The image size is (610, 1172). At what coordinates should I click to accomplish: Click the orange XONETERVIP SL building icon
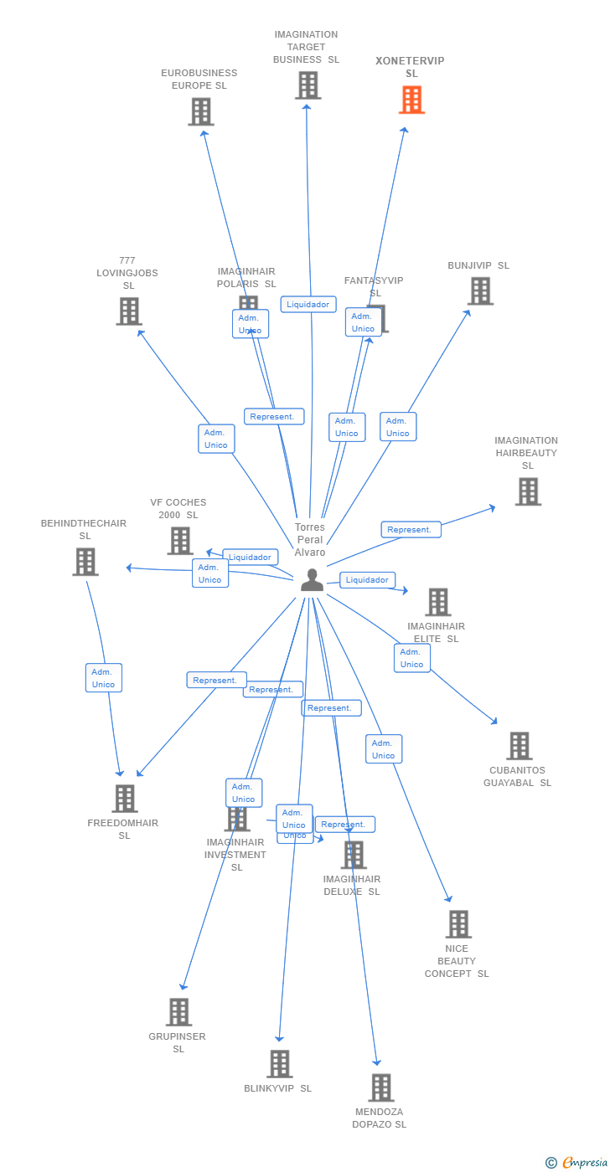pos(411,100)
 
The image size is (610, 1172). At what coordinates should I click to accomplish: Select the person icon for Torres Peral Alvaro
pos(312,579)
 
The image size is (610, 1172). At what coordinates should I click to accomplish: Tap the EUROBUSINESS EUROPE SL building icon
pos(201,112)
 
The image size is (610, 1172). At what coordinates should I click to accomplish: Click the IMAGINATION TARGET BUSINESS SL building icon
pos(308,85)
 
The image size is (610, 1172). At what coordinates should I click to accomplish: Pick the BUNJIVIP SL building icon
pos(480,291)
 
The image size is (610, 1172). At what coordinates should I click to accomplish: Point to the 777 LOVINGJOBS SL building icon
pos(129,311)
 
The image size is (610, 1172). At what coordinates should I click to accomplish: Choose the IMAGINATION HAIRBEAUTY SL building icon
pos(528,491)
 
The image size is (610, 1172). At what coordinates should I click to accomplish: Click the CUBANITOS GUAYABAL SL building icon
pos(520,746)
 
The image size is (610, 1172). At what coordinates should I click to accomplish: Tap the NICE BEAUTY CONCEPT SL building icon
pos(458,924)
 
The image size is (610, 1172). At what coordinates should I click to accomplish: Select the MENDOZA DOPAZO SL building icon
pos(381,1087)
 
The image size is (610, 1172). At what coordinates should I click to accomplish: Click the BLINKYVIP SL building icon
pos(279,1064)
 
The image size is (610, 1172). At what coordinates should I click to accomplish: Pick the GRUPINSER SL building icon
pos(178,1012)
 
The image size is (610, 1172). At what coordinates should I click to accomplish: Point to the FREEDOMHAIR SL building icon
pos(125,799)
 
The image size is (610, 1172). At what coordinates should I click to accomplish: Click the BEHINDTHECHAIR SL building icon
pos(85,562)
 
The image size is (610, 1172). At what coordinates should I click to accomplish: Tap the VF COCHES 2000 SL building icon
pos(180,541)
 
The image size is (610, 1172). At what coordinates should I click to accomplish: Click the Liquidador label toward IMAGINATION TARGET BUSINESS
pos(308,305)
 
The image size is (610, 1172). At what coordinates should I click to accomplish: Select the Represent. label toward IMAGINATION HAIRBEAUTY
pos(411,530)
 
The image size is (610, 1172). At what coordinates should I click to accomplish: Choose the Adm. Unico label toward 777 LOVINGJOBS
pos(216,439)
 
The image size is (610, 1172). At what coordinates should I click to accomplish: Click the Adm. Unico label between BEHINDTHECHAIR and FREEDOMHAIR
pos(104,678)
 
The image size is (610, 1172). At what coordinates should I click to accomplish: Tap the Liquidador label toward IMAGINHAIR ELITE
pos(367,580)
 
